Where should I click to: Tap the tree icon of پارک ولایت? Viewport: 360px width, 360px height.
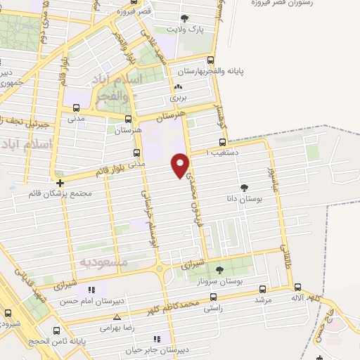(x=185, y=19)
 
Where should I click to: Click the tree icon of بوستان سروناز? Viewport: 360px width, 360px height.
(x=219, y=269)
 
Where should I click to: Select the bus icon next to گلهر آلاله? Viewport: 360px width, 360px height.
(x=297, y=287)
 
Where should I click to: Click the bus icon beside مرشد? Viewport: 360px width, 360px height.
(x=263, y=288)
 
